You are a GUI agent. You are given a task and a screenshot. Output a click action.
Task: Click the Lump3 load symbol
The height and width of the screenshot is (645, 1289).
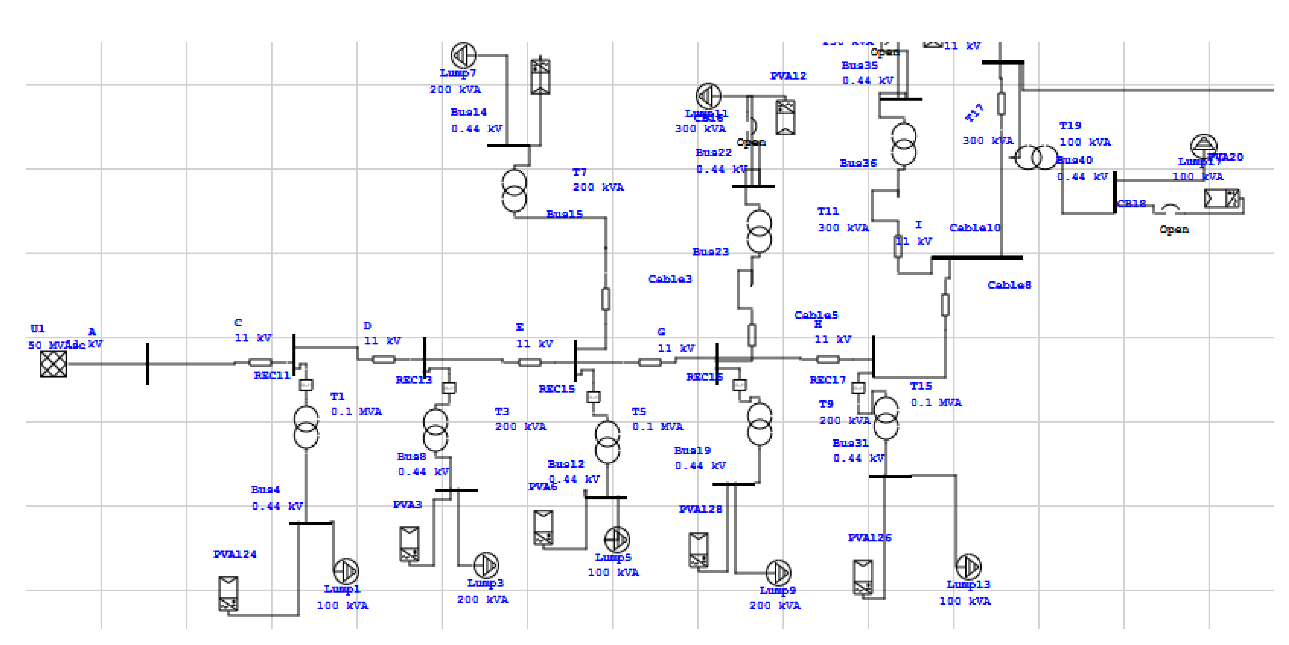tap(486, 565)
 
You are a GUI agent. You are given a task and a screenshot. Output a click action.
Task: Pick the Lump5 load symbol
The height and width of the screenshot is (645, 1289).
tap(617, 539)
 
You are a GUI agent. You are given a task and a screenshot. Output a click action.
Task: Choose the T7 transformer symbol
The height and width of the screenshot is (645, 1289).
tap(514, 191)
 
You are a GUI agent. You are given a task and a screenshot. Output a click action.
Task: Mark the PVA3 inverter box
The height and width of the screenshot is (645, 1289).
tap(409, 544)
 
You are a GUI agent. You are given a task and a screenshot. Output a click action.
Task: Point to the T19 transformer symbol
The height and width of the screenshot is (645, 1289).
tap(1036, 158)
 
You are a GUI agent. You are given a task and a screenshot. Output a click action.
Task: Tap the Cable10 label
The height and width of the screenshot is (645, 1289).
tap(975, 228)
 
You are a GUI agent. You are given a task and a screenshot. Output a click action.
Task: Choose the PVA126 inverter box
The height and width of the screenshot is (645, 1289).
tap(863, 577)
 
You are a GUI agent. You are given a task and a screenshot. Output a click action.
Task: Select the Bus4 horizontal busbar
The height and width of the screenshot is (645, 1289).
tap(311, 523)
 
